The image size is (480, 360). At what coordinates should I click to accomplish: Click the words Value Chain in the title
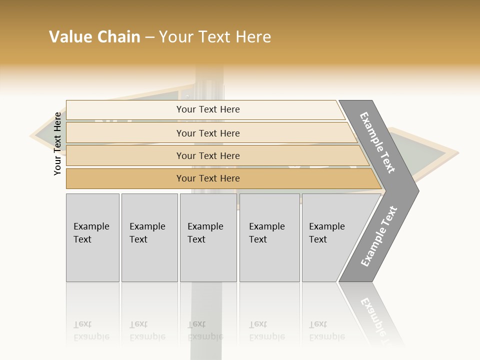coord(94,37)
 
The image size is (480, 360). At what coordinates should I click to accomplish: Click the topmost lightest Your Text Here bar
coord(207,109)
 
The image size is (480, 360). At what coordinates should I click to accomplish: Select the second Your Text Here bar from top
coord(207,133)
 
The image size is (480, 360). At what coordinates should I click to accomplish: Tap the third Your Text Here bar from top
coord(207,155)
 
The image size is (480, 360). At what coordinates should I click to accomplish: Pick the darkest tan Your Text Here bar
coord(207,178)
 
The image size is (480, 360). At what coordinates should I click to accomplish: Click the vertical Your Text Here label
coord(57,143)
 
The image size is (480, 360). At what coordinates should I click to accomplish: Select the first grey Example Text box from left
coord(92,237)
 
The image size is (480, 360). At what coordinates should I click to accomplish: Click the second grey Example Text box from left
coord(149,237)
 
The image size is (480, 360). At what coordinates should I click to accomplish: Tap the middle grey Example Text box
coord(208,237)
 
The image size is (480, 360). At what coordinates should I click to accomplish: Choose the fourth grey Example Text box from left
coord(269,237)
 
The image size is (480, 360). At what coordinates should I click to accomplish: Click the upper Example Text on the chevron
coord(378,142)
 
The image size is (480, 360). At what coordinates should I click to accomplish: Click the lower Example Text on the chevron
coord(378,236)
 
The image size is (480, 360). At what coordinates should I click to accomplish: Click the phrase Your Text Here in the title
coord(215,37)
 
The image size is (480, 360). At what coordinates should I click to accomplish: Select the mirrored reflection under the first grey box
coord(92,320)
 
